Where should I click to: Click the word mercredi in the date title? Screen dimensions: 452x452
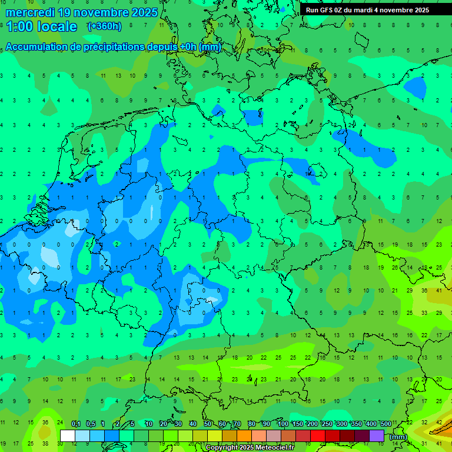click(x=29, y=12)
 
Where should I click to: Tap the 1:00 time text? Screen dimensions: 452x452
click(x=19, y=26)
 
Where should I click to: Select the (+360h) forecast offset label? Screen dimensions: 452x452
click(x=104, y=26)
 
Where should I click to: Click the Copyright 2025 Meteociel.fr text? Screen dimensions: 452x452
click(x=250, y=447)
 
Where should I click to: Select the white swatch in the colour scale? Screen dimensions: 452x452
click(x=68, y=436)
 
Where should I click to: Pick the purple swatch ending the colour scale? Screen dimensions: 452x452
click(x=377, y=436)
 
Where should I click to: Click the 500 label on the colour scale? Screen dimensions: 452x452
click(x=385, y=424)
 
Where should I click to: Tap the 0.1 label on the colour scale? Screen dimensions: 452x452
click(x=76, y=424)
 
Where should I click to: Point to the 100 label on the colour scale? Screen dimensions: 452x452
click(x=282, y=424)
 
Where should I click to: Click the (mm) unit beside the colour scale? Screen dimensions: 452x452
click(x=398, y=437)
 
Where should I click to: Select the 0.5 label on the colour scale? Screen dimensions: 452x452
click(x=91, y=424)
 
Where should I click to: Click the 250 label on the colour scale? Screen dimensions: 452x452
click(x=327, y=424)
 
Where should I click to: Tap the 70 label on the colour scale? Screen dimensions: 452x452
click(x=237, y=424)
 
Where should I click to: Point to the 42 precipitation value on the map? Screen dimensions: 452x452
click(x=439, y=422)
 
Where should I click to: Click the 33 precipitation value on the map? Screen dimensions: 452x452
click(x=424, y=313)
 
